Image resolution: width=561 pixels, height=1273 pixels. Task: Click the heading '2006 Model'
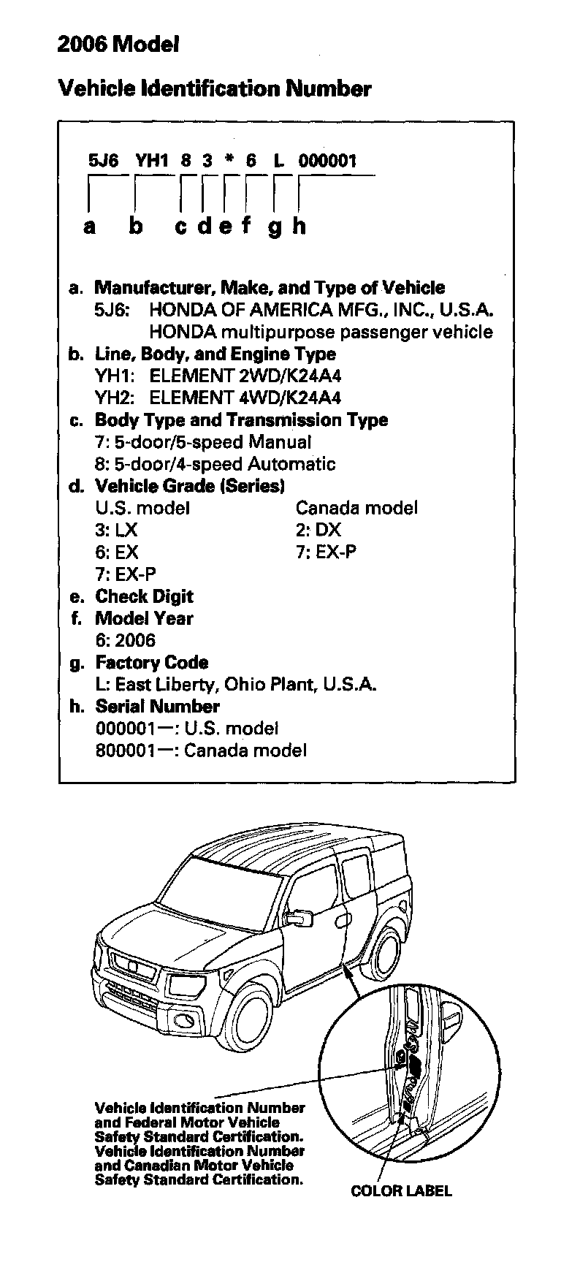[x=118, y=45]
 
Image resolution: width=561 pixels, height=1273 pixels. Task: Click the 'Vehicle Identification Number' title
[x=214, y=89]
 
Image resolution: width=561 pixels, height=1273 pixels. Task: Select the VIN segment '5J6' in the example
[x=103, y=161]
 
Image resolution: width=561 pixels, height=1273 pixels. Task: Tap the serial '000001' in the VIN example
[x=327, y=161]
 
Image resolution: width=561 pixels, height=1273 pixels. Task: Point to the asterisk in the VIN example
[x=229, y=161]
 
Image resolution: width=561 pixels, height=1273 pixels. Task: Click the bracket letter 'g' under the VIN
[x=275, y=227]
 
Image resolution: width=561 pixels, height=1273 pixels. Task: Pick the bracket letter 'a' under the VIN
[x=89, y=227]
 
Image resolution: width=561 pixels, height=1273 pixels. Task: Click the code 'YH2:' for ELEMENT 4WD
[x=116, y=398]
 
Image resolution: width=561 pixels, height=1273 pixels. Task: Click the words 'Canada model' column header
[x=356, y=508]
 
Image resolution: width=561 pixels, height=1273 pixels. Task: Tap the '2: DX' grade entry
[x=318, y=530]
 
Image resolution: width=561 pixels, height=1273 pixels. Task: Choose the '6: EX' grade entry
[x=116, y=552]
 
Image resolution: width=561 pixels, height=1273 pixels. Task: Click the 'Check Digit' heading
[x=144, y=596]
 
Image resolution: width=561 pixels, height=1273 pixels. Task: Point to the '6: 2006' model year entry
[x=125, y=641]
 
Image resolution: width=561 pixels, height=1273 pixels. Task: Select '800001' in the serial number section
[x=124, y=750]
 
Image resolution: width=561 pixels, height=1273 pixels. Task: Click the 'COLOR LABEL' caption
[x=401, y=1190]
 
